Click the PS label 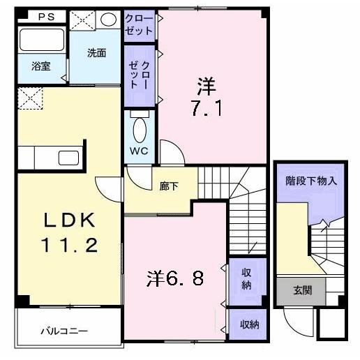coord(46,17)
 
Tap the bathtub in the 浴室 coord(42,40)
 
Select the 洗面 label coord(97,53)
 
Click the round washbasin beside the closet coord(108,20)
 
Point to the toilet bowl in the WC coord(140,130)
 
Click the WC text coord(139,151)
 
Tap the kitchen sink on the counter coord(68,158)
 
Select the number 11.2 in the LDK coord(69,246)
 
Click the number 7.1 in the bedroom coord(207,108)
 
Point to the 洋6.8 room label coord(175,278)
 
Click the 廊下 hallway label coord(169,186)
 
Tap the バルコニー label coord(64,331)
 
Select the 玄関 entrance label coord(302,290)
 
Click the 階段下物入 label coord(311,181)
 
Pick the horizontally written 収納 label coord(249,324)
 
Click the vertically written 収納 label coord(246,279)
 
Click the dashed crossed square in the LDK coord(31,98)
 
